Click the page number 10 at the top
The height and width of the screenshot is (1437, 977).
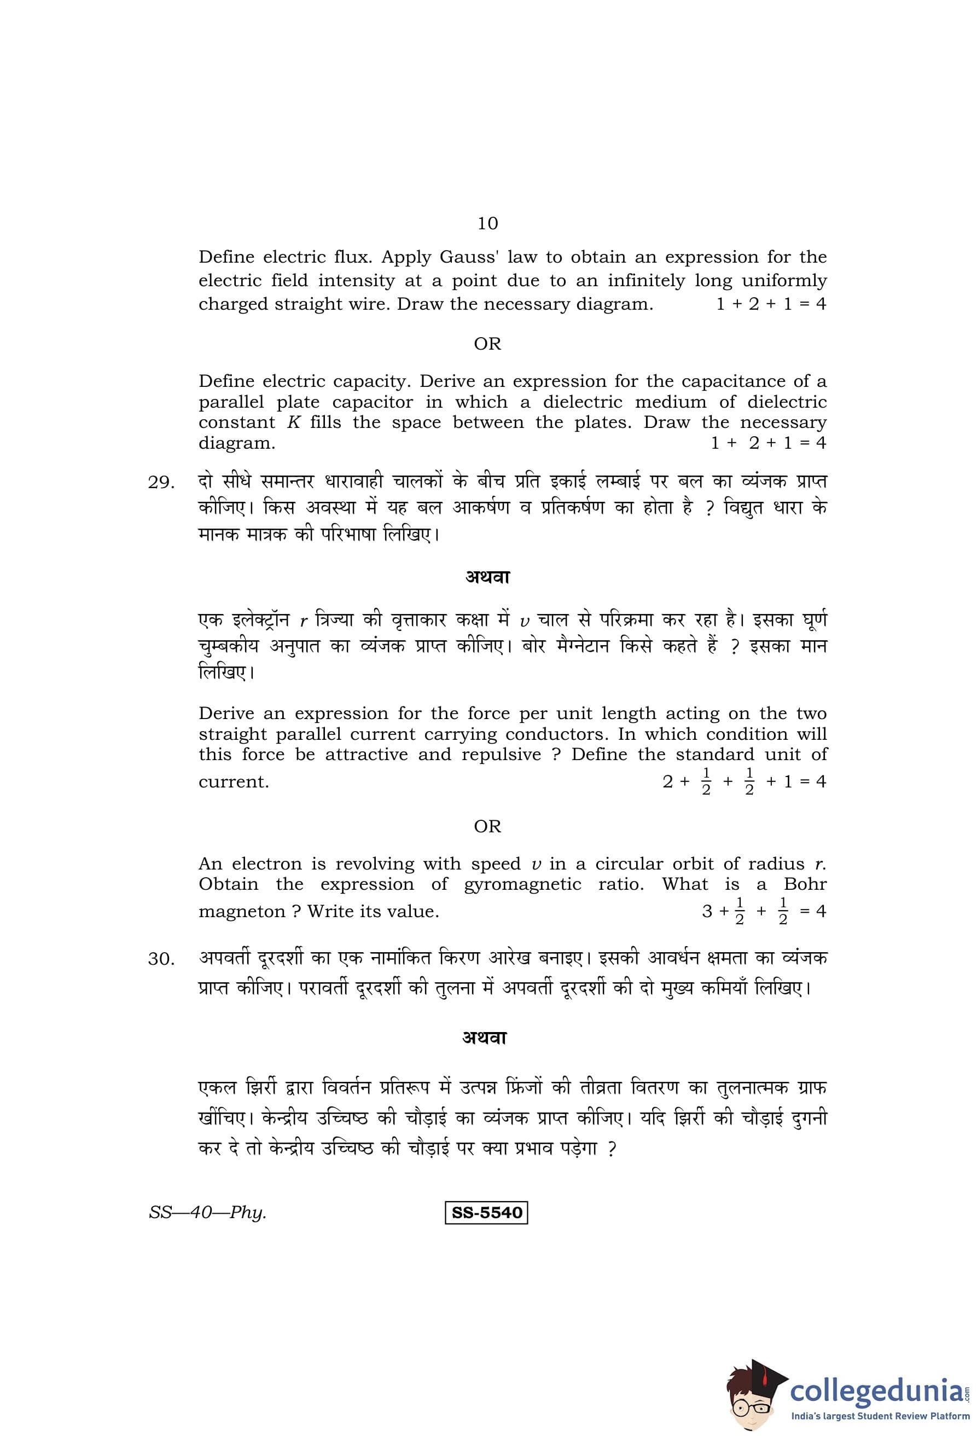pyautogui.click(x=487, y=223)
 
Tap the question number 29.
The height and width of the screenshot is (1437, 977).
pyautogui.click(x=161, y=483)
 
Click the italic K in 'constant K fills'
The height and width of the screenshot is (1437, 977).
pyautogui.click(x=294, y=423)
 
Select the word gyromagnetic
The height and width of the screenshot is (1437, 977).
pyautogui.click(x=522, y=885)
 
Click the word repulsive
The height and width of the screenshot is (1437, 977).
pyautogui.click(x=501, y=755)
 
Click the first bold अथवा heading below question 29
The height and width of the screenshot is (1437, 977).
pyautogui.click(x=487, y=577)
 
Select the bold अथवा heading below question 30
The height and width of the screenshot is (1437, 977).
pyautogui.click(x=485, y=1038)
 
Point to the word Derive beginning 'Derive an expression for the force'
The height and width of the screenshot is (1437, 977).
pyautogui.click(x=225, y=714)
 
